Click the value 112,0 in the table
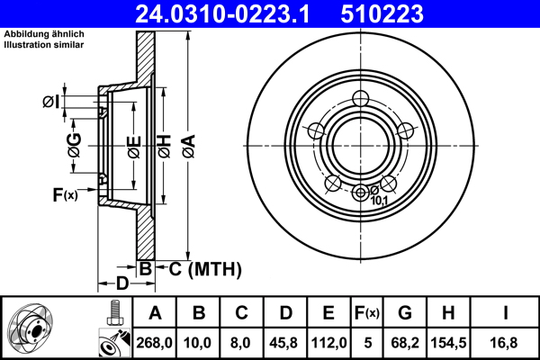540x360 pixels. point(328,341)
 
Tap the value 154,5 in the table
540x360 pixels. point(448,341)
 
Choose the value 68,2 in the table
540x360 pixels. point(405,341)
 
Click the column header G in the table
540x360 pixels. point(405,312)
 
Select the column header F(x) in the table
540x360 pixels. point(366,312)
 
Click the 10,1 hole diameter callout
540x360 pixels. point(380,201)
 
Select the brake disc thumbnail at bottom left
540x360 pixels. point(37,330)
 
